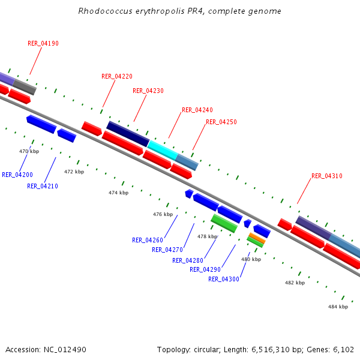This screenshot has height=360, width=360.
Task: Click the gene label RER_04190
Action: pyautogui.click(x=43, y=43)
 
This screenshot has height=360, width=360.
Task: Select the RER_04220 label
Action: pyautogui.click(x=117, y=76)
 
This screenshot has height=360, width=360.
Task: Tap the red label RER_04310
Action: pyautogui.click(x=327, y=176)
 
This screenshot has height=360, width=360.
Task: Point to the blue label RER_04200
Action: pyautogui.click(x=17, y=175)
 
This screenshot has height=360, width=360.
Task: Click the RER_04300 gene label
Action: pyautogui.click(x=224, y=279)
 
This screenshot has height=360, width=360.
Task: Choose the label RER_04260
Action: pyautogui.click(x=148, y=240)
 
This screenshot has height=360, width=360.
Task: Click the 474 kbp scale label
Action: pyautogui.click(x=118, y=193)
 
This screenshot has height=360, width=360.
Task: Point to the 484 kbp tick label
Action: pyautogui.click(x=338, y=307)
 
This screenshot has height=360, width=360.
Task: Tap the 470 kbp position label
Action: pyautogui.click(x=29, y=151)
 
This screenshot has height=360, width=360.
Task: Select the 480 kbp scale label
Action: pyautogui.click(x=251, y=259)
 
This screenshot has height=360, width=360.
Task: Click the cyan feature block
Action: pyautogui.click(x=162, y=149)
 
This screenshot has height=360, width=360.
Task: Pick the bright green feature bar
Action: pyautogui.click(x=224, y=223)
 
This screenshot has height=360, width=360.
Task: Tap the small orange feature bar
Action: pyautogui.click(x=257, y=238)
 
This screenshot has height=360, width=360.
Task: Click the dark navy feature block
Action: pyautogui.click(x=128, y=133)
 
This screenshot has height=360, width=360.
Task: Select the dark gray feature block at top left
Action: pyautogui.click(x=25, y=87)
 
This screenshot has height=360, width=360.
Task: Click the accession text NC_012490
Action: pyautogui.click(x=67, y=349)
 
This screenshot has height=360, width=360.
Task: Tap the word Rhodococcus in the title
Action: pyautogui.click(x=103, y=11)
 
